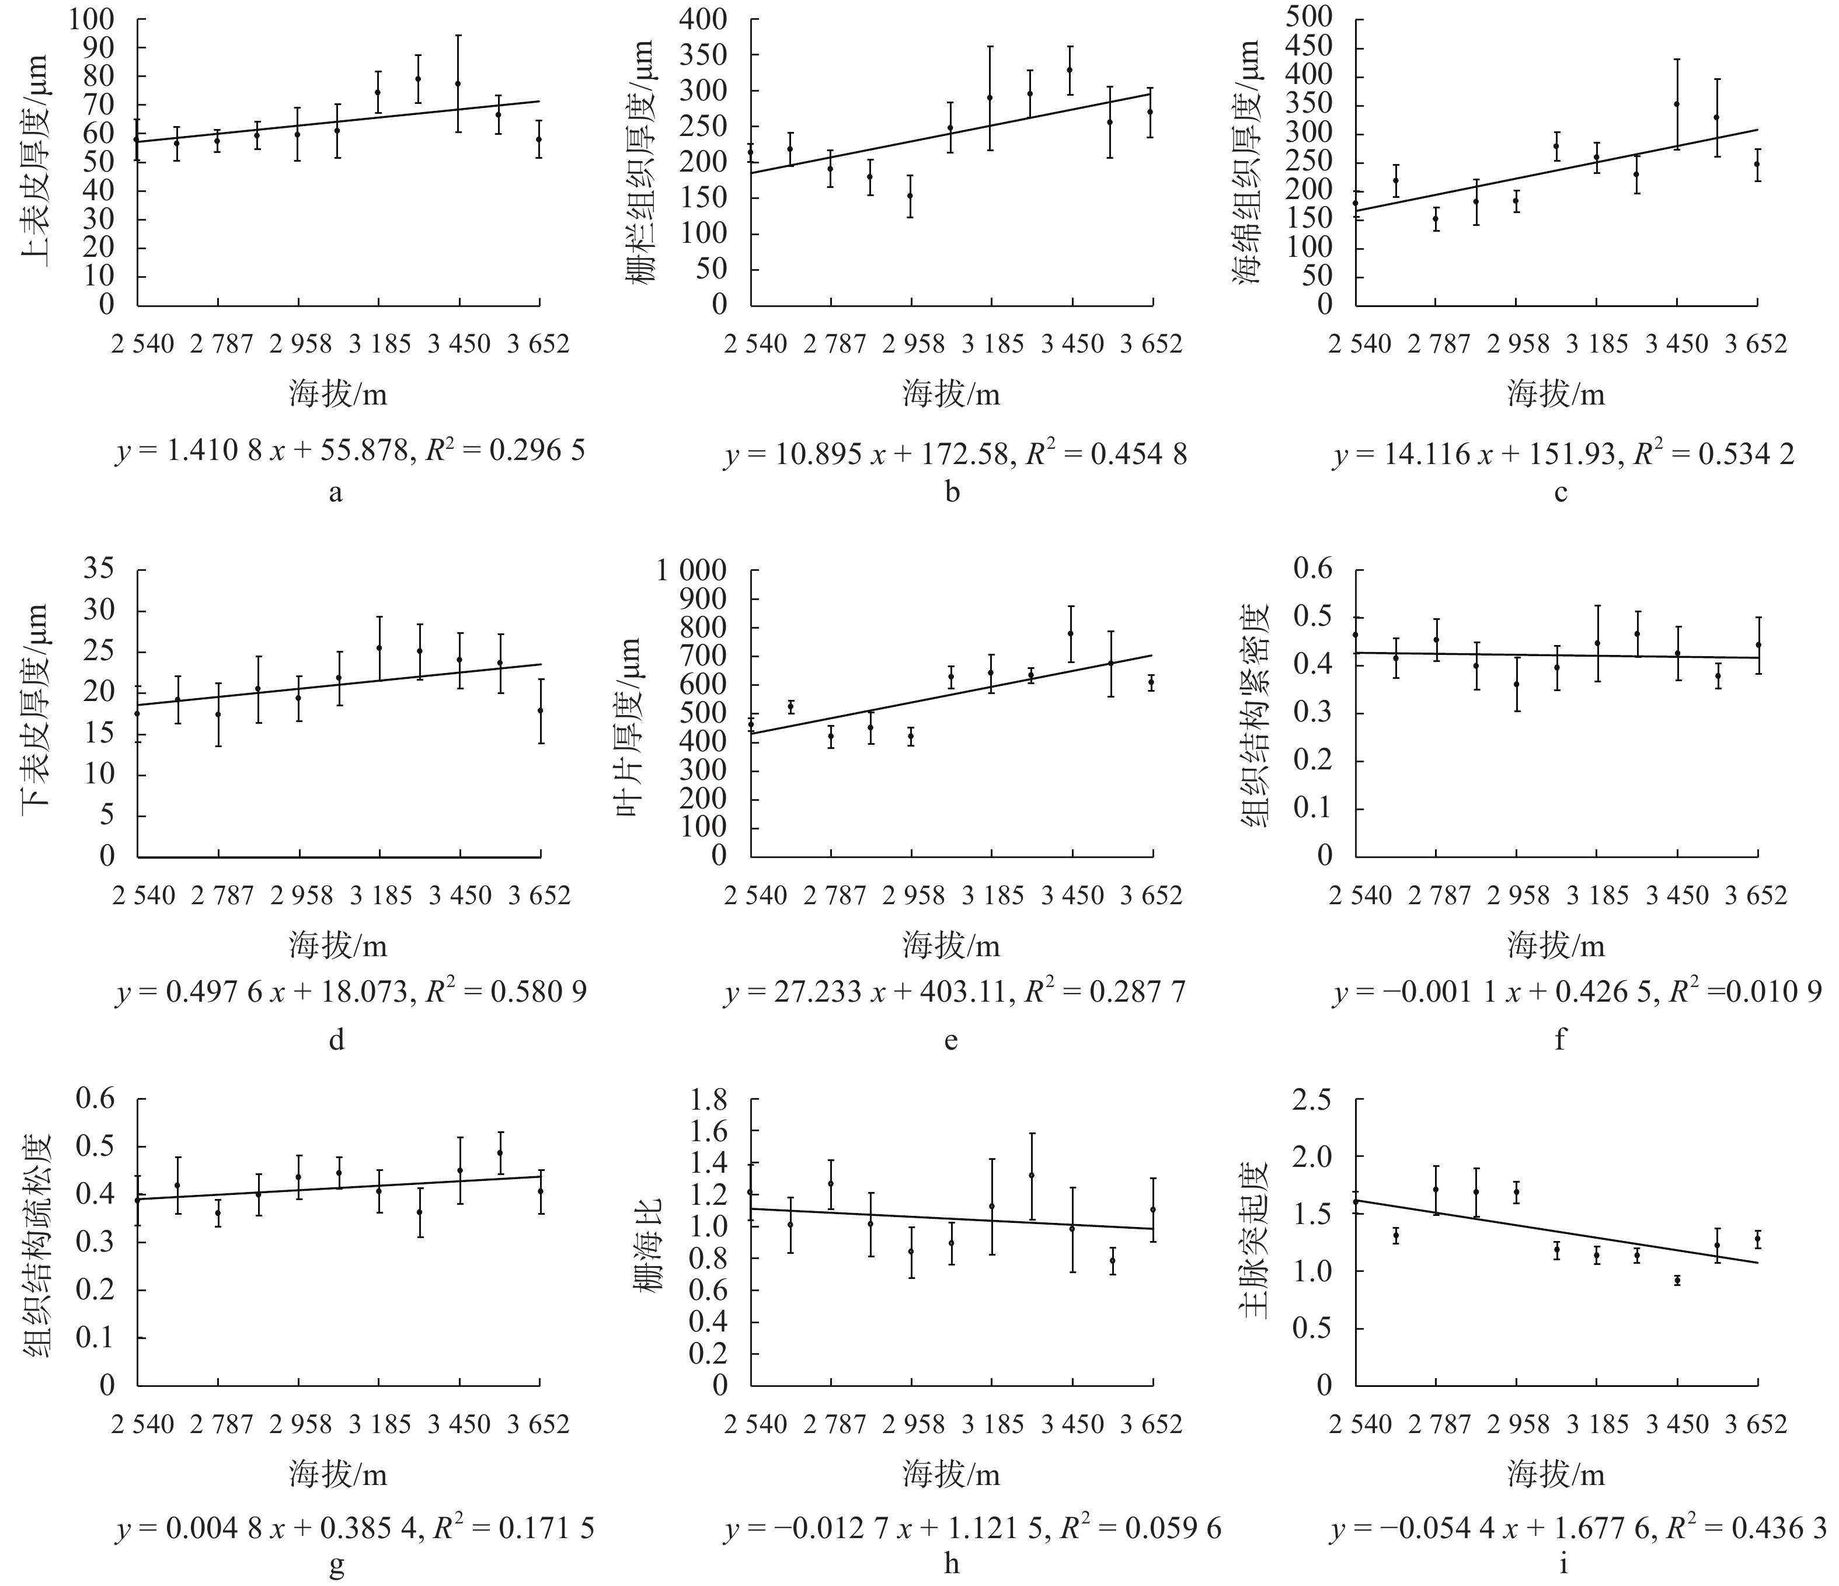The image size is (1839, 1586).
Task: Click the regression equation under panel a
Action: click(x=351, y=452)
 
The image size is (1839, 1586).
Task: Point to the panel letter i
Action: click(x=1563, y=1564)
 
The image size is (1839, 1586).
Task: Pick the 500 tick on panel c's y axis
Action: click(x=1309, y=18)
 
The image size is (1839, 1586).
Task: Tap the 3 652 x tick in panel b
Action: click(x=1151, y=343)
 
